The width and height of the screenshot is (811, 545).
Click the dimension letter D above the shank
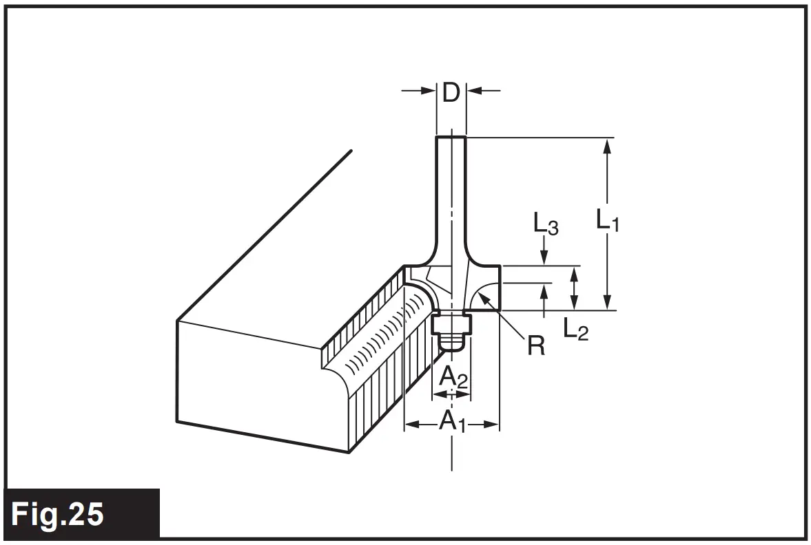[x=451, y=92]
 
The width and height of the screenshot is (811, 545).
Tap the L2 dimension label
[x=576, y=330]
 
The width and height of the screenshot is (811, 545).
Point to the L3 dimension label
[x=545, y=224]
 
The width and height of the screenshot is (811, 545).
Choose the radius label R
[x=535, y=345]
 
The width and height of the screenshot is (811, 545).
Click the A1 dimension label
[x=452, y=421]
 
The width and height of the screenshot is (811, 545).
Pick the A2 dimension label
[x=453, y=378]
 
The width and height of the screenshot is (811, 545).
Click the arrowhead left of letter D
[x=431, y=90]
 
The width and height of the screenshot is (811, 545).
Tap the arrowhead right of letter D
[x=473, y=90]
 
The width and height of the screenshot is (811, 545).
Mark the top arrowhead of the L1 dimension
[x=607, y=144]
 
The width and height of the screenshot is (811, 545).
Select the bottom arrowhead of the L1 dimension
[x=607, y=304]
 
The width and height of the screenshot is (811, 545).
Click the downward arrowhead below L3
[x=545, y=258]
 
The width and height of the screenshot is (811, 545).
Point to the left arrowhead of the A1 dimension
[x=411, y=425]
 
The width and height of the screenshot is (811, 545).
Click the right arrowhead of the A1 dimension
[x=492, y=425]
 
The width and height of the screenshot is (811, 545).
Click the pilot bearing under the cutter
[x=451, y=334]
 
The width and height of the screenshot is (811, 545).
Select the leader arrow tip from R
[x=483, y=295]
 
